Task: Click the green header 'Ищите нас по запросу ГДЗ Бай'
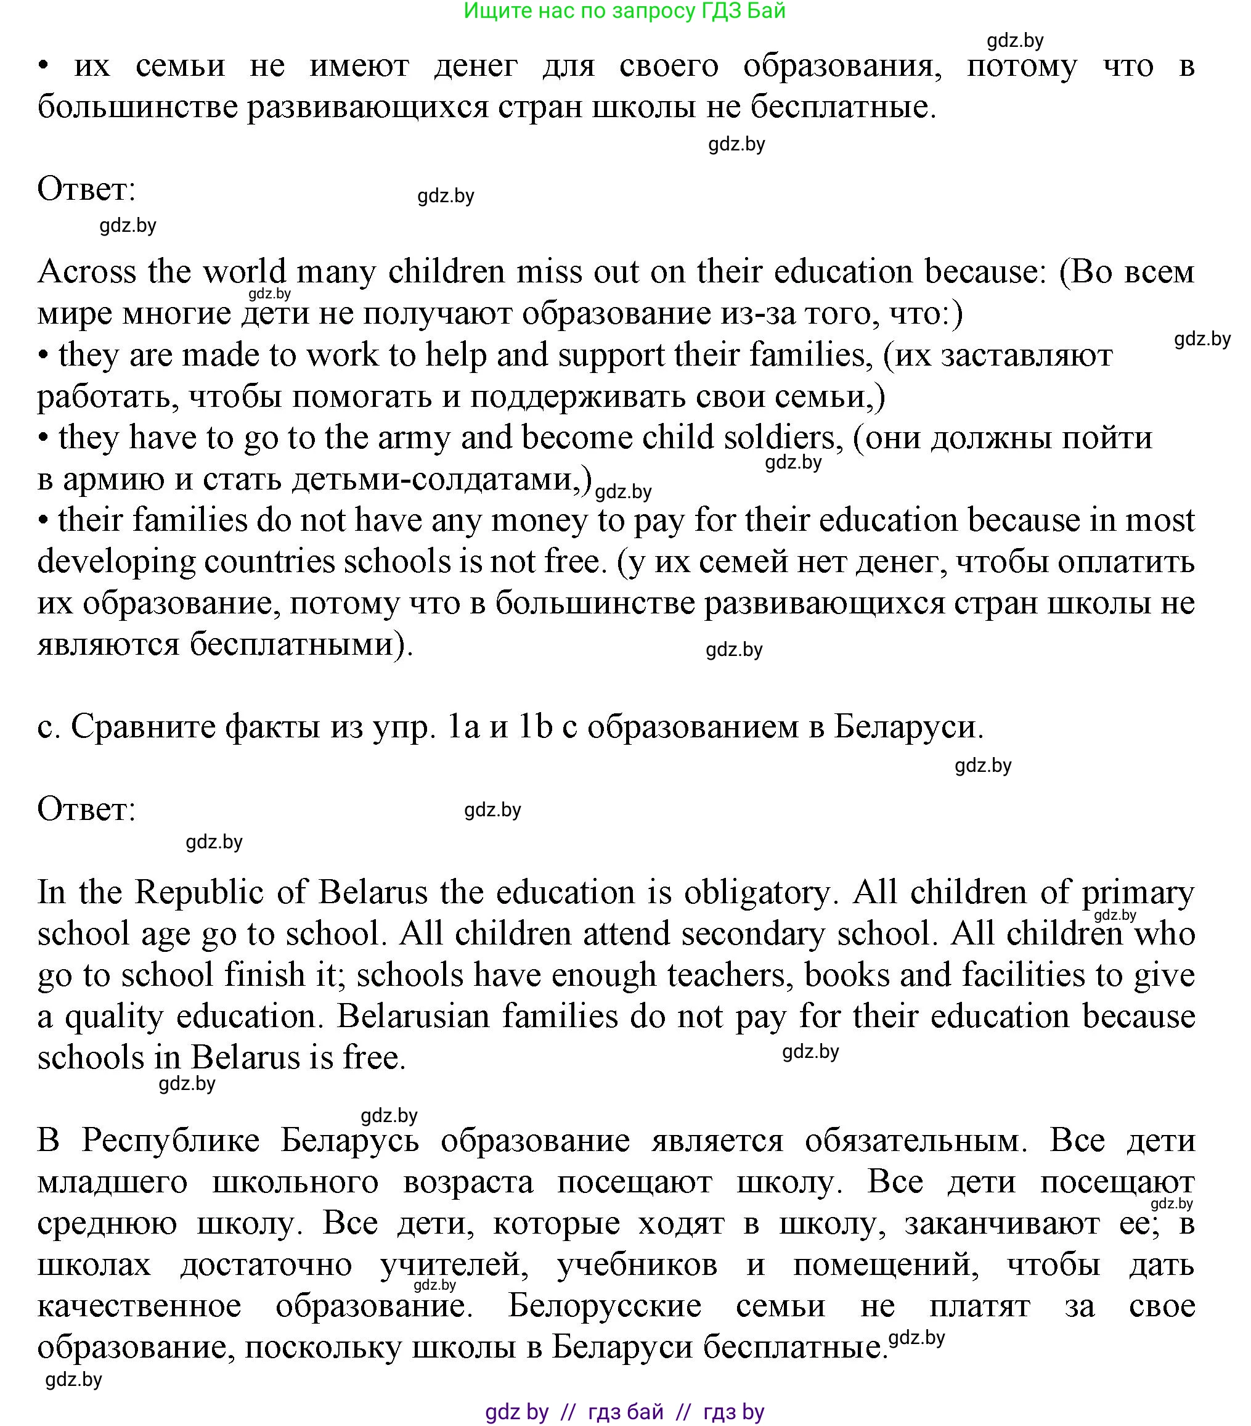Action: point(624,10)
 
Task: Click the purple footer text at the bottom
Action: point(624,1412)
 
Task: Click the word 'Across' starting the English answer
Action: point(87,271)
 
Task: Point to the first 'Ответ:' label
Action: point(86,189)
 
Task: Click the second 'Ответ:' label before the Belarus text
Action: point(86,809)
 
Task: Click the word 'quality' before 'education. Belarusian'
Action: point(115,1017)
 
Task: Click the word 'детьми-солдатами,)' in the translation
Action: point(441,479)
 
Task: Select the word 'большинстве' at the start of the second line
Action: point(137,107)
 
